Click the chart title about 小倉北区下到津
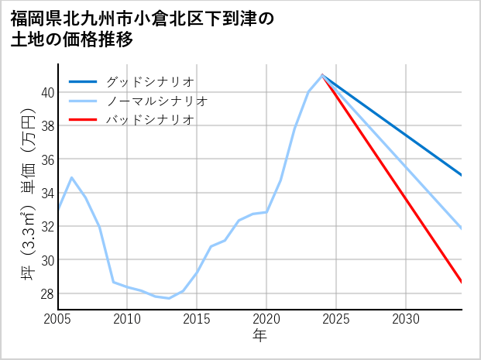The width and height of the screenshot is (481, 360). click(x=143, y=29)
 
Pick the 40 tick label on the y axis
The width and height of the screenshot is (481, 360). click(x=46, y=92)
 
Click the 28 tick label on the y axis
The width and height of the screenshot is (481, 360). click(x=46, y=293)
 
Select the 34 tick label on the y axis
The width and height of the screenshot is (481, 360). click(x=46, y=193)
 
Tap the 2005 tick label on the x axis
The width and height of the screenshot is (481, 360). click(x=58, y=319)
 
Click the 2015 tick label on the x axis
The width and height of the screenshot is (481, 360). click(x=197, y=319)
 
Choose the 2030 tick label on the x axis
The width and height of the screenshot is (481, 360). click(x=406, y=319)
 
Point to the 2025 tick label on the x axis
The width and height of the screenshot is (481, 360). click(x=336, y=319)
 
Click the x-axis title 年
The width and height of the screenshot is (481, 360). click(x=259, y=336)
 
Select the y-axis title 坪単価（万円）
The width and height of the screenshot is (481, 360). click(x=27, y=193)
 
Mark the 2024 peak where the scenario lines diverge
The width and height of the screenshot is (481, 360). click(x=322, y=75)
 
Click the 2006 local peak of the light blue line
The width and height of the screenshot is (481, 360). click(x=72, y=177)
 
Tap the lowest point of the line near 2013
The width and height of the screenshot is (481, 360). click(x=169, y=298)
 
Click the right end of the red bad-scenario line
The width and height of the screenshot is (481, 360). click(x=462, y=283)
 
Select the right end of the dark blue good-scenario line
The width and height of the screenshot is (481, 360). click(x=462, y=175)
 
